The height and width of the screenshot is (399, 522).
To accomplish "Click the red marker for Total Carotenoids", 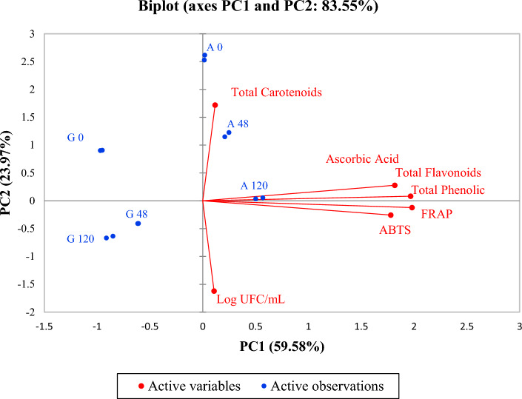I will pos(215,105).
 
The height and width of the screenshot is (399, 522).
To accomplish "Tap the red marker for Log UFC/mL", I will pos(214,291).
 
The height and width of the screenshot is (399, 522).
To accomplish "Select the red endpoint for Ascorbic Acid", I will pos(395,185).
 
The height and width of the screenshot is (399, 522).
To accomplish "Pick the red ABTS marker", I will pos(391,215).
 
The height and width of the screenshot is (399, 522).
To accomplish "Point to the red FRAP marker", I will pos(412,207).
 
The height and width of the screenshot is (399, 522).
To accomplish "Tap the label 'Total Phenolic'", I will pos(448,190).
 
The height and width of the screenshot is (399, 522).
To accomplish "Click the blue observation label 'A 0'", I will pos(215,47).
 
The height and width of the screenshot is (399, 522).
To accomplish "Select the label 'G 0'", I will pos(75,138).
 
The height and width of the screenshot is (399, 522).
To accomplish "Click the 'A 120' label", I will pos(254,187).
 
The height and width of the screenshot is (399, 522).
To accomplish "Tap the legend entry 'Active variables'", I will pos(190,385).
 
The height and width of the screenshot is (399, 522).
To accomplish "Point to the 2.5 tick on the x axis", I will pos(466,326).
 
